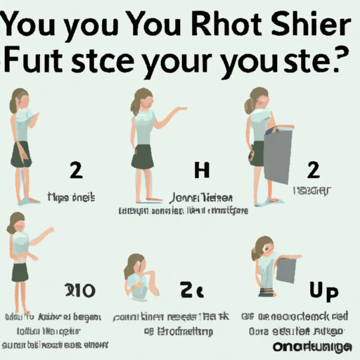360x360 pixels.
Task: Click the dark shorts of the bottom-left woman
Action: pos(20,271)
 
